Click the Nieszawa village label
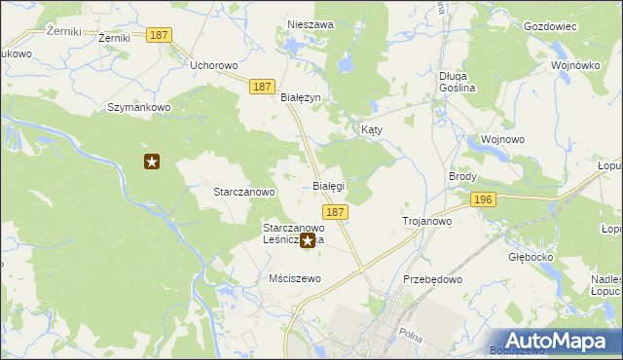311,24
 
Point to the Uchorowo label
214,66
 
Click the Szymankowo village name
139,107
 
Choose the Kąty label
372,129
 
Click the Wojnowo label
503,139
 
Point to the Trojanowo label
427,222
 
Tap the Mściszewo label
294,278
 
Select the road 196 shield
483,199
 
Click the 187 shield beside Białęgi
335,211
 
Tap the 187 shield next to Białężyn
261,87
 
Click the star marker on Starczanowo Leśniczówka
308,240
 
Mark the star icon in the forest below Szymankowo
151,162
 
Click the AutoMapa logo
556,340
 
